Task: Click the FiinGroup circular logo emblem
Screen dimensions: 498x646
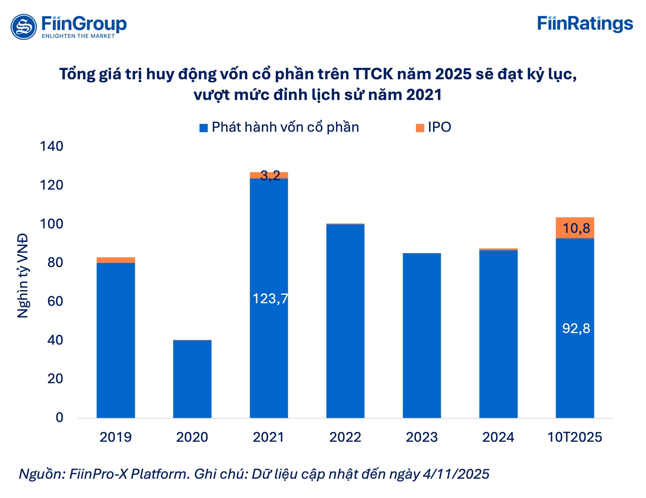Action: pos(24,26)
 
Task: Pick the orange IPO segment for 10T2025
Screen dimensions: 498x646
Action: pos(575,228)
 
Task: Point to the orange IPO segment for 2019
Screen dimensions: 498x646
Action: pos(116,260)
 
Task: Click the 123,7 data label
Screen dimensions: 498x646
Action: pos(270,298)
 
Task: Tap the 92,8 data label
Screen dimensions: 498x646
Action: pos(576,328)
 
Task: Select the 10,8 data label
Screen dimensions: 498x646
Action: pos(576,228)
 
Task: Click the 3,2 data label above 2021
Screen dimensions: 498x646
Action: pos(270,175)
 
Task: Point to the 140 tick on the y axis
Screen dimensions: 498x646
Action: pos(51,146)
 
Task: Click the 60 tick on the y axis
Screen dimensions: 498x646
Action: pos(55,301)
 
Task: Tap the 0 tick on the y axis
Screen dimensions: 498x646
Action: pos(60,417)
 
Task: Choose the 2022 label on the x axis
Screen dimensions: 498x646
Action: pos(345,437)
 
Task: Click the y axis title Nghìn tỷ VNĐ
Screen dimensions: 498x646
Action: pos(23,275)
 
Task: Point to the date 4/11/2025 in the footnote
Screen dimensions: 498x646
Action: pos(456,474)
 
